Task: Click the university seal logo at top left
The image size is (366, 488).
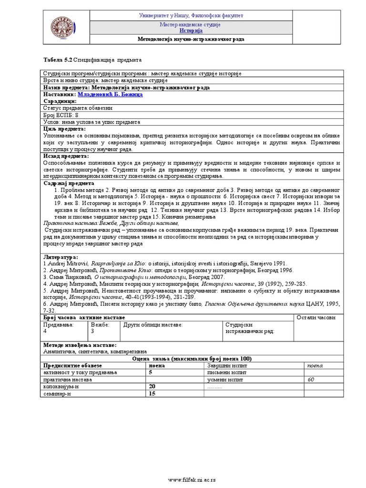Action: [x=64, y=28]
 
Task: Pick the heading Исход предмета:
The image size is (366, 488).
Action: [x=66, y=156]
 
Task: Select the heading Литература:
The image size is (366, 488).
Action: [x=61, y=256]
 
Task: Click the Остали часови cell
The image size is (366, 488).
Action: [x=316, y=317]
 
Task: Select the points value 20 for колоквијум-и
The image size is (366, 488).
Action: [x=152, y=386]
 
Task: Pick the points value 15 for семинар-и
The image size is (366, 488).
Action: [x=152, y=394]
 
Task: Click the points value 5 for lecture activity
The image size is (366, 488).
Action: [x=151, y=373]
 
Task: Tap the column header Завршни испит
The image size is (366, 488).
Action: [x=223, y=366]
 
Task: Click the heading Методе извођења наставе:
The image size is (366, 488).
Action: [x=80, y=345]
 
